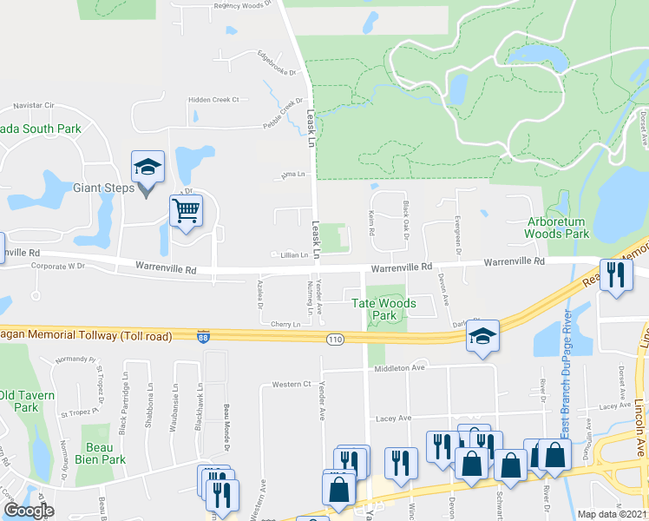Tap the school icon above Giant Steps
point(147,166)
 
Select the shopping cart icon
point(187,210)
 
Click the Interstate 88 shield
point(201,338)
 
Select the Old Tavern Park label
point(19,401)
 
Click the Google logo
point(29,511)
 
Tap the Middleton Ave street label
point(398,368)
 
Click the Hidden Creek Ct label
point(214,100)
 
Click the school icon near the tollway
point(482,339)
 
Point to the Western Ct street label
point(291,384)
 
